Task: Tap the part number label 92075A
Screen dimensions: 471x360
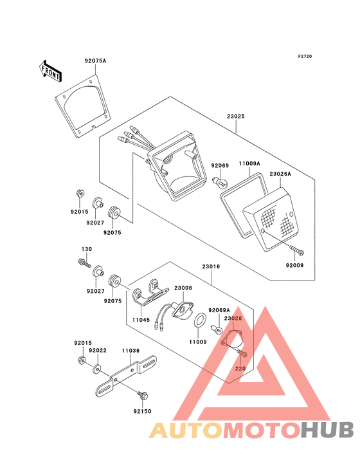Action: coord(94,61)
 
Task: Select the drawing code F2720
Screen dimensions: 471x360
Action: coord(304,57)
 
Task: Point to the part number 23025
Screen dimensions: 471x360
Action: coord(235,117)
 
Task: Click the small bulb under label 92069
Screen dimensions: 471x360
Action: coord(220,183)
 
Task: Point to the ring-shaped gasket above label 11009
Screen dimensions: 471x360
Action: coord(199,320)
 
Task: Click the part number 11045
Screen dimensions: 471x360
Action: coord(141,319)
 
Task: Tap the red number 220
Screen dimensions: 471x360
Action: coord(240,369)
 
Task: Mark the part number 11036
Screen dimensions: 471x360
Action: coord(130,351)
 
